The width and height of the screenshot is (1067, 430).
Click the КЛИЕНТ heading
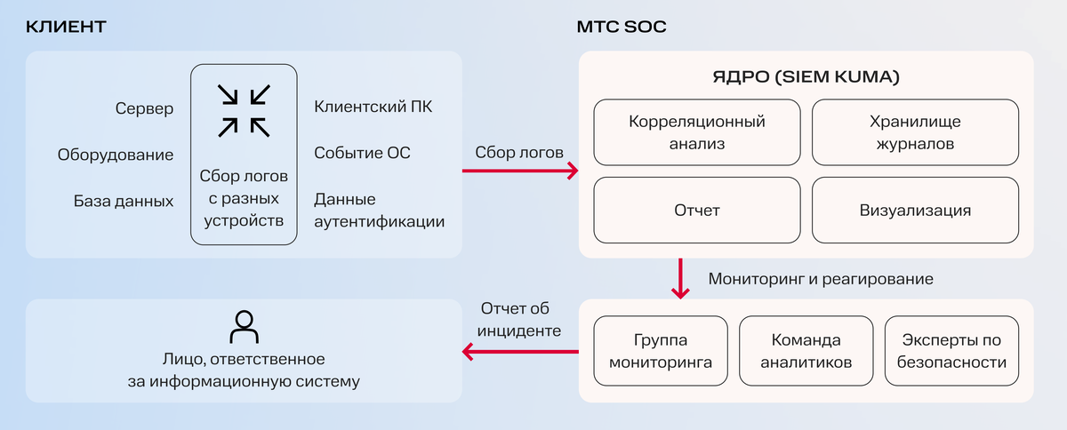coord(66,27)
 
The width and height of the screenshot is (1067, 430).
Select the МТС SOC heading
coord(622,27)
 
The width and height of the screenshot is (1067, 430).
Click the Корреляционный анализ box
coord(697,131)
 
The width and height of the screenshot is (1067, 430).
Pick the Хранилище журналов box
coord(915,131)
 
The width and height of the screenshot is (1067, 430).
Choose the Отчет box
coord(697,211)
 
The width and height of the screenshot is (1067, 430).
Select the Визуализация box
coord(915,211)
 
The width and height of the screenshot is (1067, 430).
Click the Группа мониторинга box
coord(661,351)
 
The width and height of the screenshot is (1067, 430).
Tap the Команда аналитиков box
coord(806,351)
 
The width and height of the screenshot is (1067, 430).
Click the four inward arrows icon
coord(245,110)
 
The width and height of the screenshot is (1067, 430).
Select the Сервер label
coord(144,108)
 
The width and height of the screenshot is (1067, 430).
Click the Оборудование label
coord(116,155)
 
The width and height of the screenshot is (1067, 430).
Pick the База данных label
coord(124,201)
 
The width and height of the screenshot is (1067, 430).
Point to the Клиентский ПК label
coord(373,107)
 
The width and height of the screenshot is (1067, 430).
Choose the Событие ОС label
coord(362,153)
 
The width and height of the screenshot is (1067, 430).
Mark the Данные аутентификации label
coord(379,211)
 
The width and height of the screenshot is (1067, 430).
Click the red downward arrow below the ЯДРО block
coord(681,278)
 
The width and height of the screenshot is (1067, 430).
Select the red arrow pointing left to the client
coord(519,352)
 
